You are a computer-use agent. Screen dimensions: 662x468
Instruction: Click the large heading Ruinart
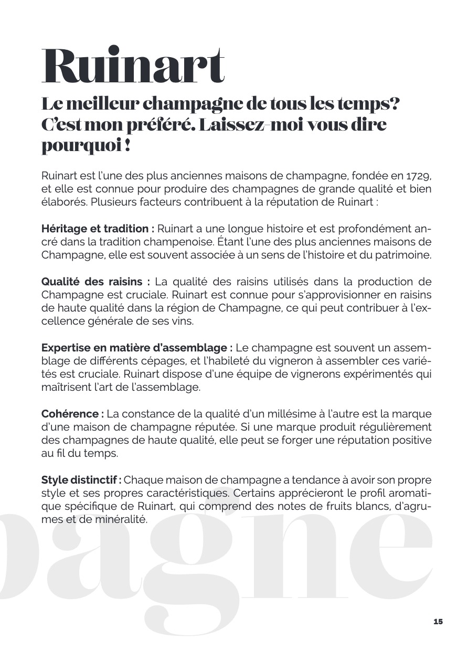[133, 67]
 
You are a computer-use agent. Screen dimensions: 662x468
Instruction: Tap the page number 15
[438, 622]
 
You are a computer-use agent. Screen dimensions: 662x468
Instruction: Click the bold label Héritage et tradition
[98, 229]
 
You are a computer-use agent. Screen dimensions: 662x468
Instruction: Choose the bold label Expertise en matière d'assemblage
[137, 348]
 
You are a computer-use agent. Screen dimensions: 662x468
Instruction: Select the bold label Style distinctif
[81, 480]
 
